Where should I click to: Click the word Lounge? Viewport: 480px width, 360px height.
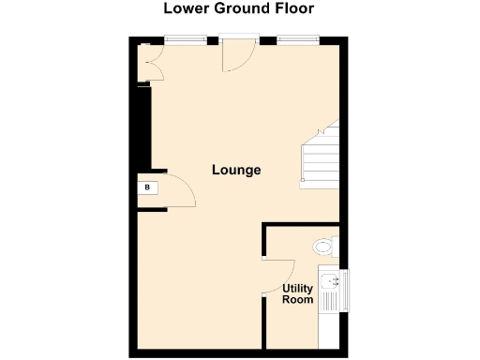[235, 171]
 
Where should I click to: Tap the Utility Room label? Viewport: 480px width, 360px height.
[297, 293]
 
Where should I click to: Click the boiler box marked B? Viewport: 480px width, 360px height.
[147, 187]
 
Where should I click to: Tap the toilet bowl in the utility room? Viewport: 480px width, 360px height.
[322, 247]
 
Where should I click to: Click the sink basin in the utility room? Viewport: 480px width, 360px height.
[331, 278]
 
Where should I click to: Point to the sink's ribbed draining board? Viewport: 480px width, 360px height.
[330, 301]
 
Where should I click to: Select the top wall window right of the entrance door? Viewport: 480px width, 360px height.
[297, 38]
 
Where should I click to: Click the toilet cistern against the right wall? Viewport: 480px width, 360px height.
[335, 246]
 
